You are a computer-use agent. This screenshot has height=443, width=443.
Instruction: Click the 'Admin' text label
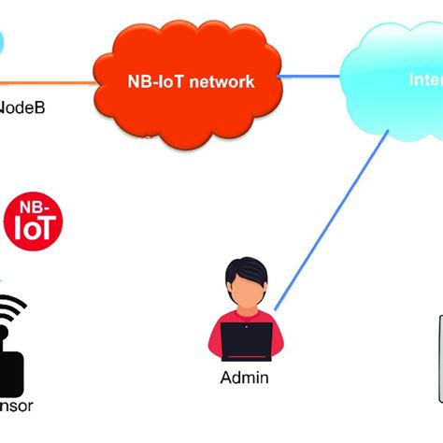click(x=244, y=378)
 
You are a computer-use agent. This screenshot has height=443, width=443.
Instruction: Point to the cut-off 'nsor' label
click(x=17, y=407)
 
